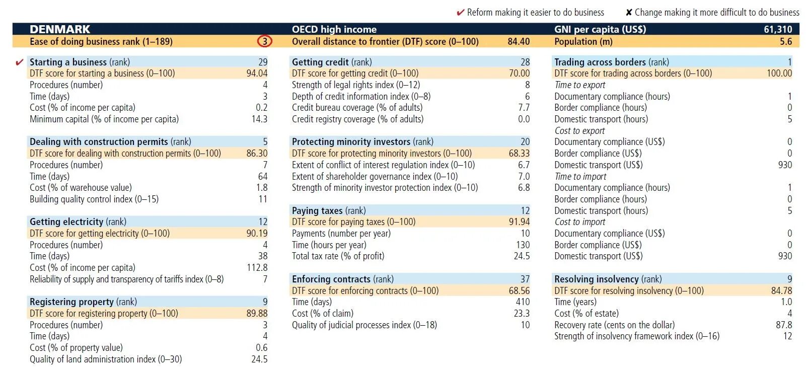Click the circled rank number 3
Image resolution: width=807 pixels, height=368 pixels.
tap(265, 41)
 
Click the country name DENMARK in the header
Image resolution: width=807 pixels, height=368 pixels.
tap(60, 29)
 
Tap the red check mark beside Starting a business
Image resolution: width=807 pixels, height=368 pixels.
tap(20, 62)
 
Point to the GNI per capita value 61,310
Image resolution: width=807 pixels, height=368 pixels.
tap(778, 29)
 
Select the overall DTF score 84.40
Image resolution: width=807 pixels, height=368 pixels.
tap(519, 41)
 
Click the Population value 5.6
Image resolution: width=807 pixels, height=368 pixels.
tap(786, 41)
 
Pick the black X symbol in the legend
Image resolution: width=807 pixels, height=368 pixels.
tap(629, 13)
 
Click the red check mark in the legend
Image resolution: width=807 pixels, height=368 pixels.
tap(460, 13)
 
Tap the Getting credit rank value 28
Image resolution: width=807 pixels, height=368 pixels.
tap(525, 62)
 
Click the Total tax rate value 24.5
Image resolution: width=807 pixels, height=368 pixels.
tap(522, 256)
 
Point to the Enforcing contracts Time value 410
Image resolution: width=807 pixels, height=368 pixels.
tap(523, 302)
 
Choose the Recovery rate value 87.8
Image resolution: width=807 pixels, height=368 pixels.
tap(784, 325)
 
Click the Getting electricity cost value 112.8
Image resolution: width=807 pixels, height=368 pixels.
tap(257, 267)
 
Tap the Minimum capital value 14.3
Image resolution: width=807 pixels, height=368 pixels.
tap(259, 119)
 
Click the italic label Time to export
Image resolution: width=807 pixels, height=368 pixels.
tap(579, 85)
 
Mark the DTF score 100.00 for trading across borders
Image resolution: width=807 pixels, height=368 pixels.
tap(779, 73)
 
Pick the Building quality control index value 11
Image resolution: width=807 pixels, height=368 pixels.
tap(263, 199)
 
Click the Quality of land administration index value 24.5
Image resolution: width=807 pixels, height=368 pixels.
tap(259, 359)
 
